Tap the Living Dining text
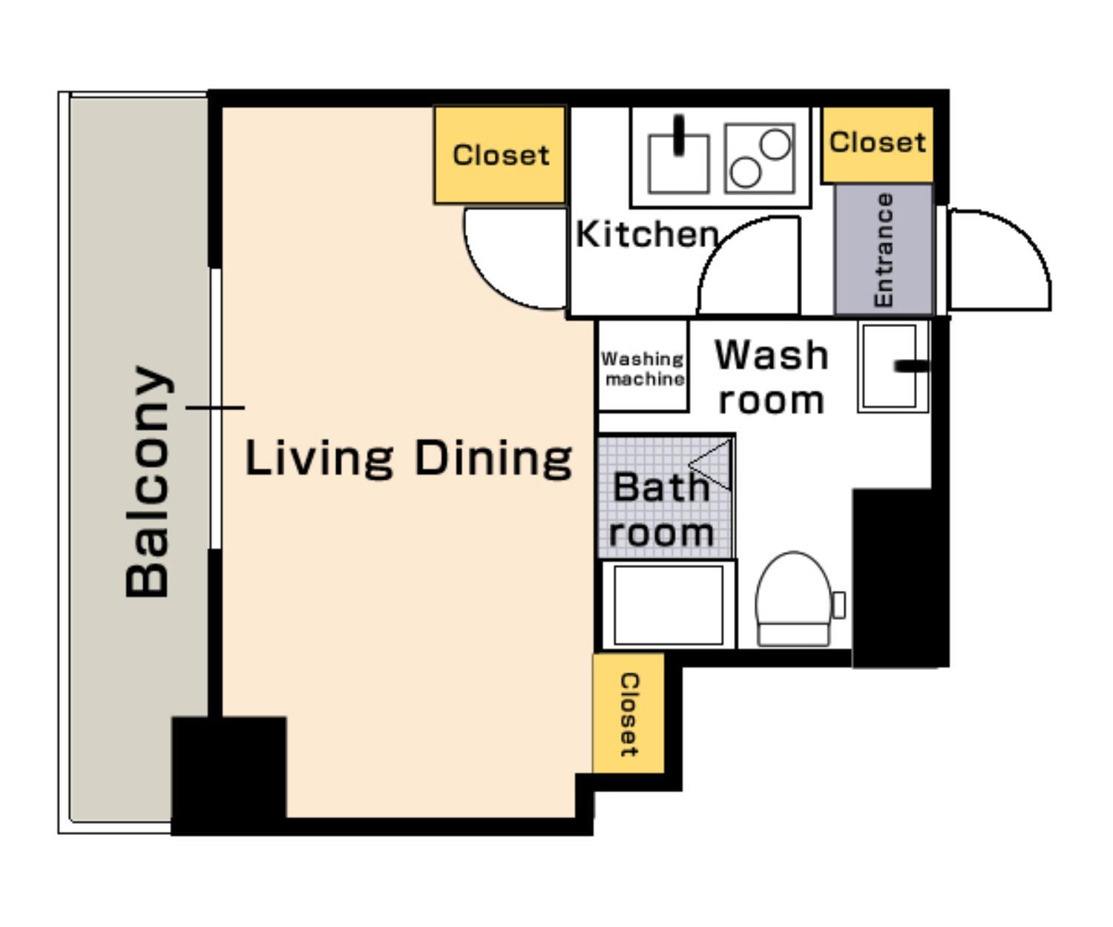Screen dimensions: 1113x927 pyautogui.click(x=408, y=458)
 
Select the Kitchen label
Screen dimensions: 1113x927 pyautogui.click(x=647, y=234)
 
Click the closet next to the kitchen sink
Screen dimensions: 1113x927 pyautogui.click(x=499, y=154)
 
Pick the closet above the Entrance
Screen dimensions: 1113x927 pyautogui.click(x=877, y=144)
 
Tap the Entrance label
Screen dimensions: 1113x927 pyautogui.click(x=884, y=249)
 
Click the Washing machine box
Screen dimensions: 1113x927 pyautogui.click(x=643, y=366)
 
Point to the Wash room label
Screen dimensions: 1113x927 pyautogui.click(x=772, y=377)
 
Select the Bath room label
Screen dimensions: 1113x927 pyautogui.click(x=661, y=509)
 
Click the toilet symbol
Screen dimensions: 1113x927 pyautogui.click(x=794, y=598)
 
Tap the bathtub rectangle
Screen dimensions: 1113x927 pyautogui.click(x=669, y=605)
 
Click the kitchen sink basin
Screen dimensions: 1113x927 pyautogui.click(x=679, y=164)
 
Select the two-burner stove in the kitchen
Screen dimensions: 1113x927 pyautogui.click(x=760, y=158)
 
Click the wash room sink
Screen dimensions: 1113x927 pyautogui.click(x=893, y=366)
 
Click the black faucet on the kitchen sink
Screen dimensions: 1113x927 pyautogui.click(x=679, y=135)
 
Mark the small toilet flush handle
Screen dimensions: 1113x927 pyautogui.click(x=839, y=605)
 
